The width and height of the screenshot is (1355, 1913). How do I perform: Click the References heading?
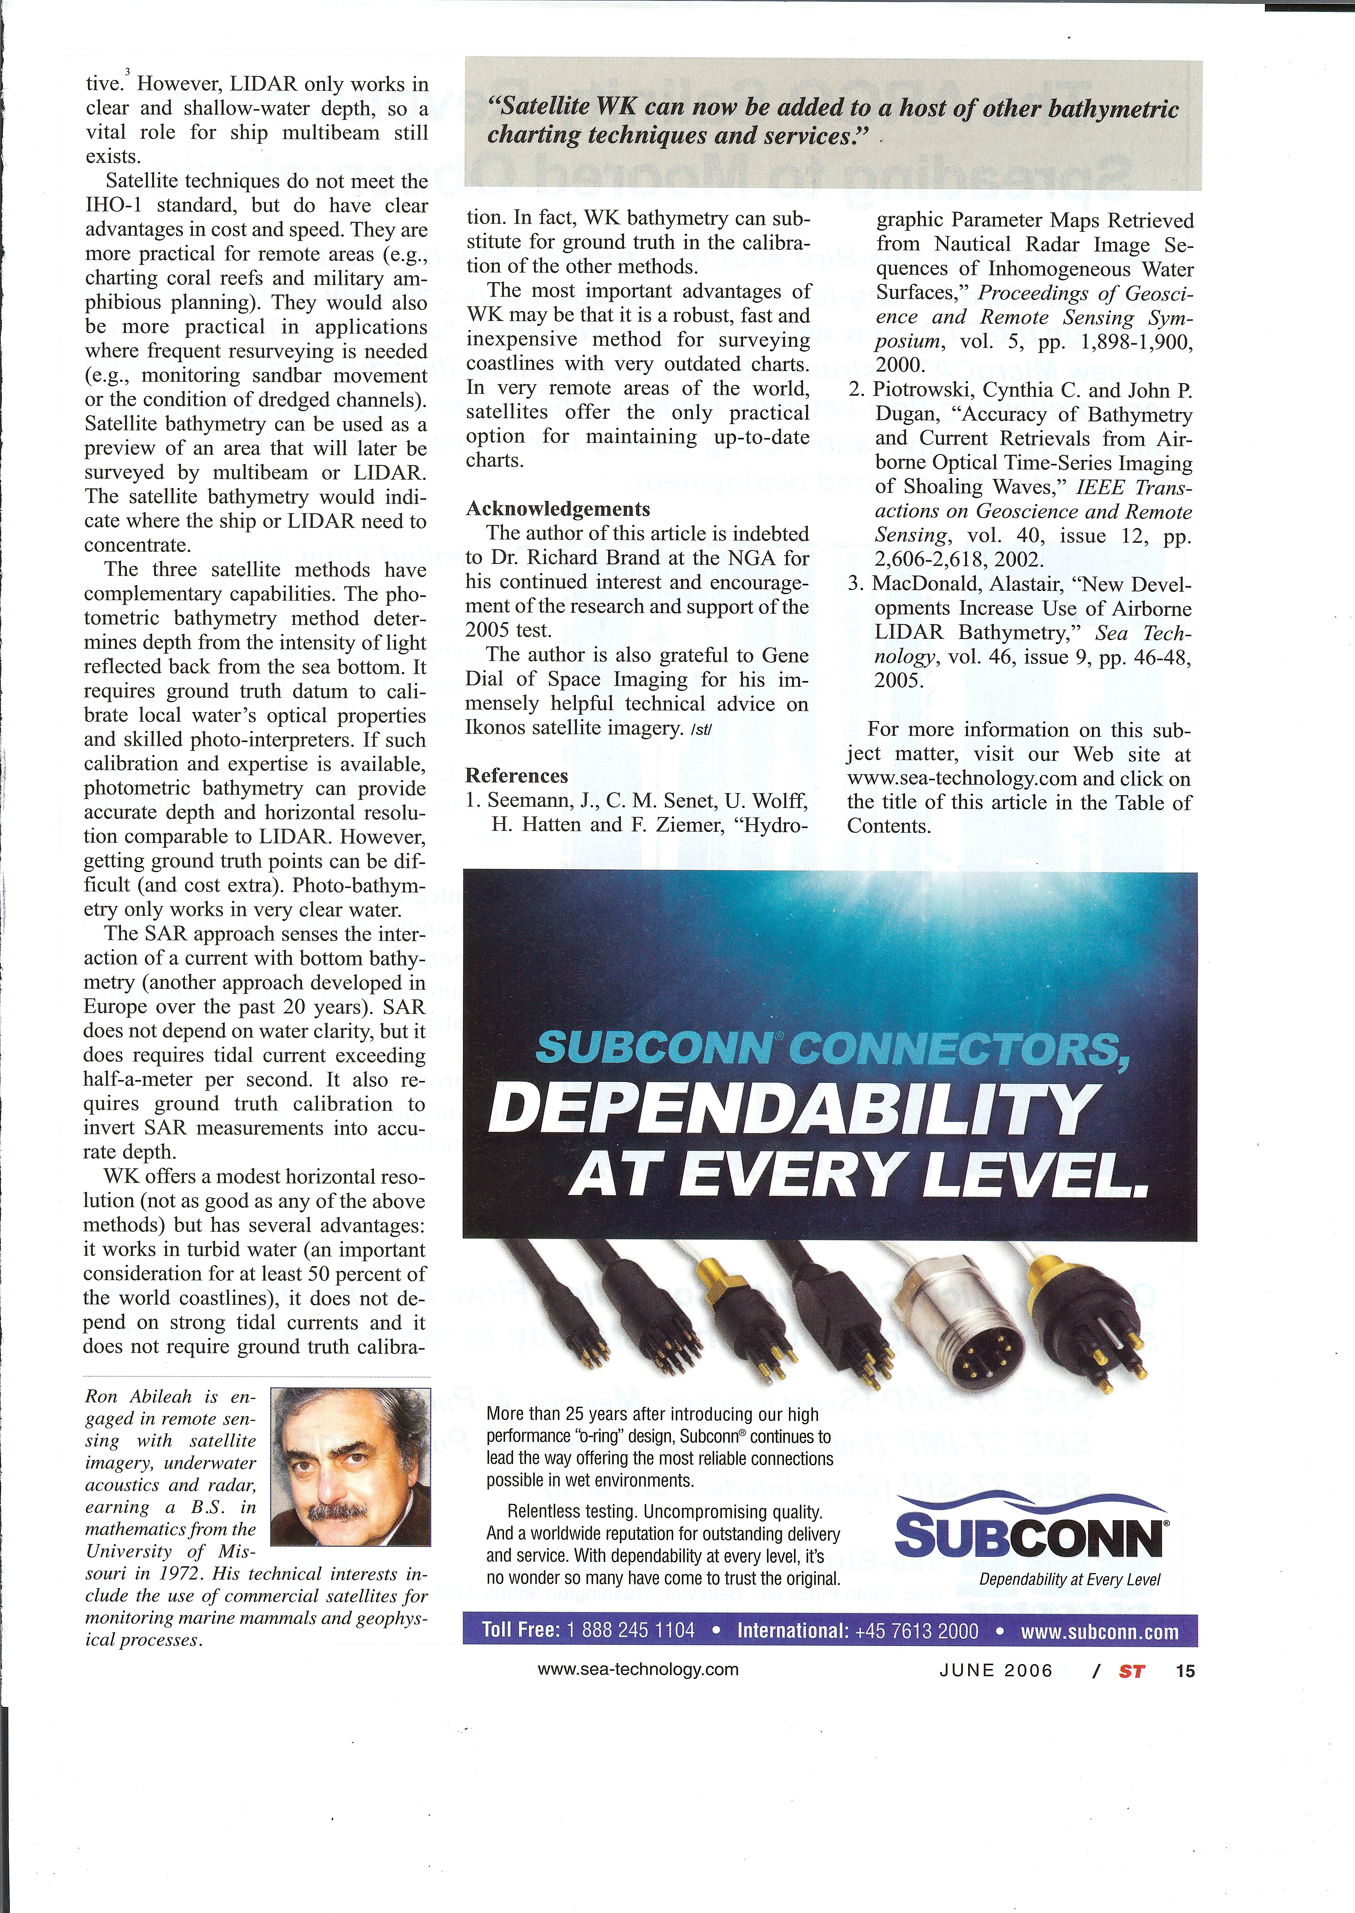tap(516, 776)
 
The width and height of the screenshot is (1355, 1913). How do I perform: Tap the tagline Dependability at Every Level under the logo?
tap(1070, 1579)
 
